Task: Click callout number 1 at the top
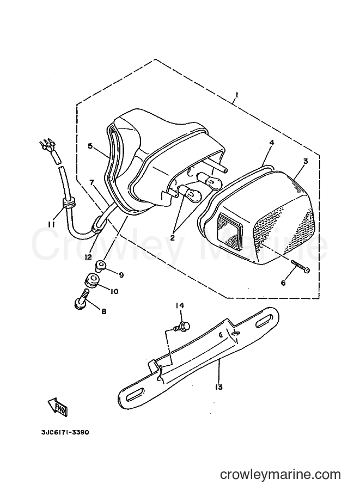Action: (x=236, y=95)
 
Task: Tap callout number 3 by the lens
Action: (x=306, y=161)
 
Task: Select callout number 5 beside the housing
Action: (x=90, y=146)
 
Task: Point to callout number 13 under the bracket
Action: (x=218, y=387)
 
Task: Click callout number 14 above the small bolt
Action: (x=180, y=305)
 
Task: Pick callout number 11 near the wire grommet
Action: (x=51, y=224)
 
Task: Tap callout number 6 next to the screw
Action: (x=283, y=283)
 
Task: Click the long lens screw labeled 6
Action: (x=300, y=266)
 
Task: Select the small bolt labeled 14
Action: (x=182, y=327)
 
